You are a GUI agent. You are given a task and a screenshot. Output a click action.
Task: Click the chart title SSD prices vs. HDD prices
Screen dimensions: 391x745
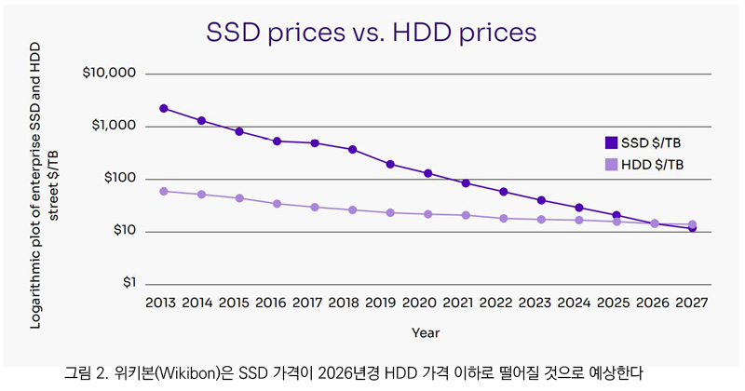pyautogui.click(x=372, y=32)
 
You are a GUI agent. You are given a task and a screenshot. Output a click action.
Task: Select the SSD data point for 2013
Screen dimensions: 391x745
pyautogui.click(x=164, y=108)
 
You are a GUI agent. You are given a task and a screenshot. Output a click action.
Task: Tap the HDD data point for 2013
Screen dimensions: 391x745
pyautogui.click(x=164, y=191)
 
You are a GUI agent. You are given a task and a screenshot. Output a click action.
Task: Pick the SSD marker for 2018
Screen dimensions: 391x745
pyautogui.click(x=353, y=149)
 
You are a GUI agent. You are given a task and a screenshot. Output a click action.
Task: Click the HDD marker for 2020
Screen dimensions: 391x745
pyautogui.click(x=428, y=214)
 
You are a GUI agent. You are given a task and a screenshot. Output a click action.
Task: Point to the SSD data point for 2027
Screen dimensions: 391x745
pyautogui.click(x=692, y=228)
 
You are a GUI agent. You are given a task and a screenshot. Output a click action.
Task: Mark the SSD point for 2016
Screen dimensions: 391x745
pyautogui.click(x=278, y=141)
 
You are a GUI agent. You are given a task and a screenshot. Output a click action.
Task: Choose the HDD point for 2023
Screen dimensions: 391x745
pyautogui.click(x=541, y=220)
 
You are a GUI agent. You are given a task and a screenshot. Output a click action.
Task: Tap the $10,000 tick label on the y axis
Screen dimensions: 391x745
pyautogui.click(x=109, y=74)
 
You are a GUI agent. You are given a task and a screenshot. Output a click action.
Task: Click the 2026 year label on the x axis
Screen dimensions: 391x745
pyautogui.click(x=654, y=303)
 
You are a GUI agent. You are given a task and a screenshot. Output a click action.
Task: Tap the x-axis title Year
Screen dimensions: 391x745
pyautogui.click(x=427, y=331)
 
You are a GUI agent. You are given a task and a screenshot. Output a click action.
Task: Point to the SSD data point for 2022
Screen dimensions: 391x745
pyautogui.click(x=504, y=192)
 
